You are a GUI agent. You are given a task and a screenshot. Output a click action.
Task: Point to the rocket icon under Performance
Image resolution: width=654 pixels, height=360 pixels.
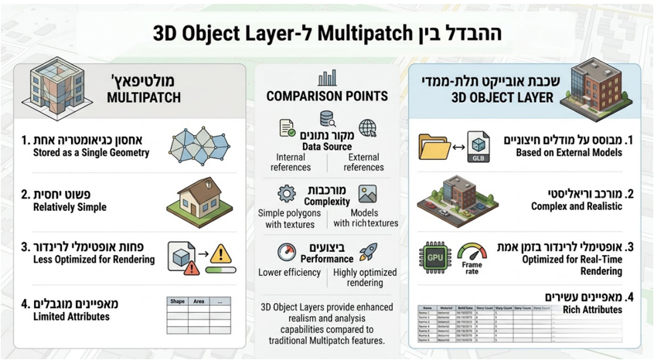click(368, 252)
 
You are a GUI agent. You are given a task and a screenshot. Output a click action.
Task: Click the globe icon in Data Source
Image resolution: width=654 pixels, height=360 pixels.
click(368, 127)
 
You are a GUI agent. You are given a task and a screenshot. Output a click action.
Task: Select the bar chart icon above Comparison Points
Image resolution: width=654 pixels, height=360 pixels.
click(326, 79)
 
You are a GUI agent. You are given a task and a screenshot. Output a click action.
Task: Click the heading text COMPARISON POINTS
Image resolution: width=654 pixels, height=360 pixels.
click(326, 97)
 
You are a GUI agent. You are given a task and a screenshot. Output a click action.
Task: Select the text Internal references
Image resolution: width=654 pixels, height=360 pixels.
click(290, 161)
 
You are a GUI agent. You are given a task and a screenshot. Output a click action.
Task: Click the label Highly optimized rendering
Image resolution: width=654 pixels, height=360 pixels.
click(367, 277)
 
